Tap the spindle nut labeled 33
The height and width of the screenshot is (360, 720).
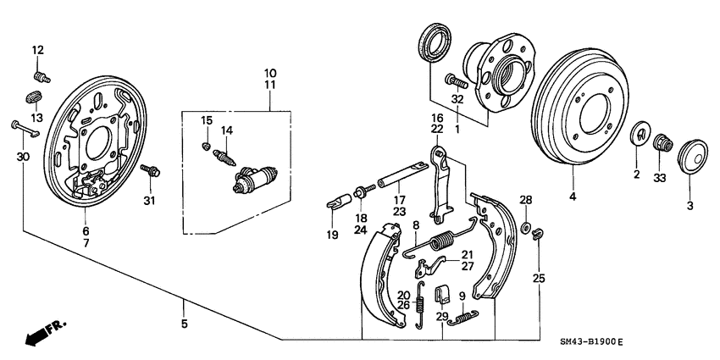coord(663,145)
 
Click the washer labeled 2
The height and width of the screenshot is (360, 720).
coord(640,135)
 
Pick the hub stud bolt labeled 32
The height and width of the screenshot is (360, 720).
coord(455,82)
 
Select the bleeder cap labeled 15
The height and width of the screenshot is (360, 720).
coord(206,147)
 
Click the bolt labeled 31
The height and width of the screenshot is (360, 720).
coord(152,172)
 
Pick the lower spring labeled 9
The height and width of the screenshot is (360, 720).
coord(462,317)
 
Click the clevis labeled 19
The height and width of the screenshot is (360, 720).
coord(337,203)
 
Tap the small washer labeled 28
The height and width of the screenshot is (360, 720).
coord(525,226)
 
